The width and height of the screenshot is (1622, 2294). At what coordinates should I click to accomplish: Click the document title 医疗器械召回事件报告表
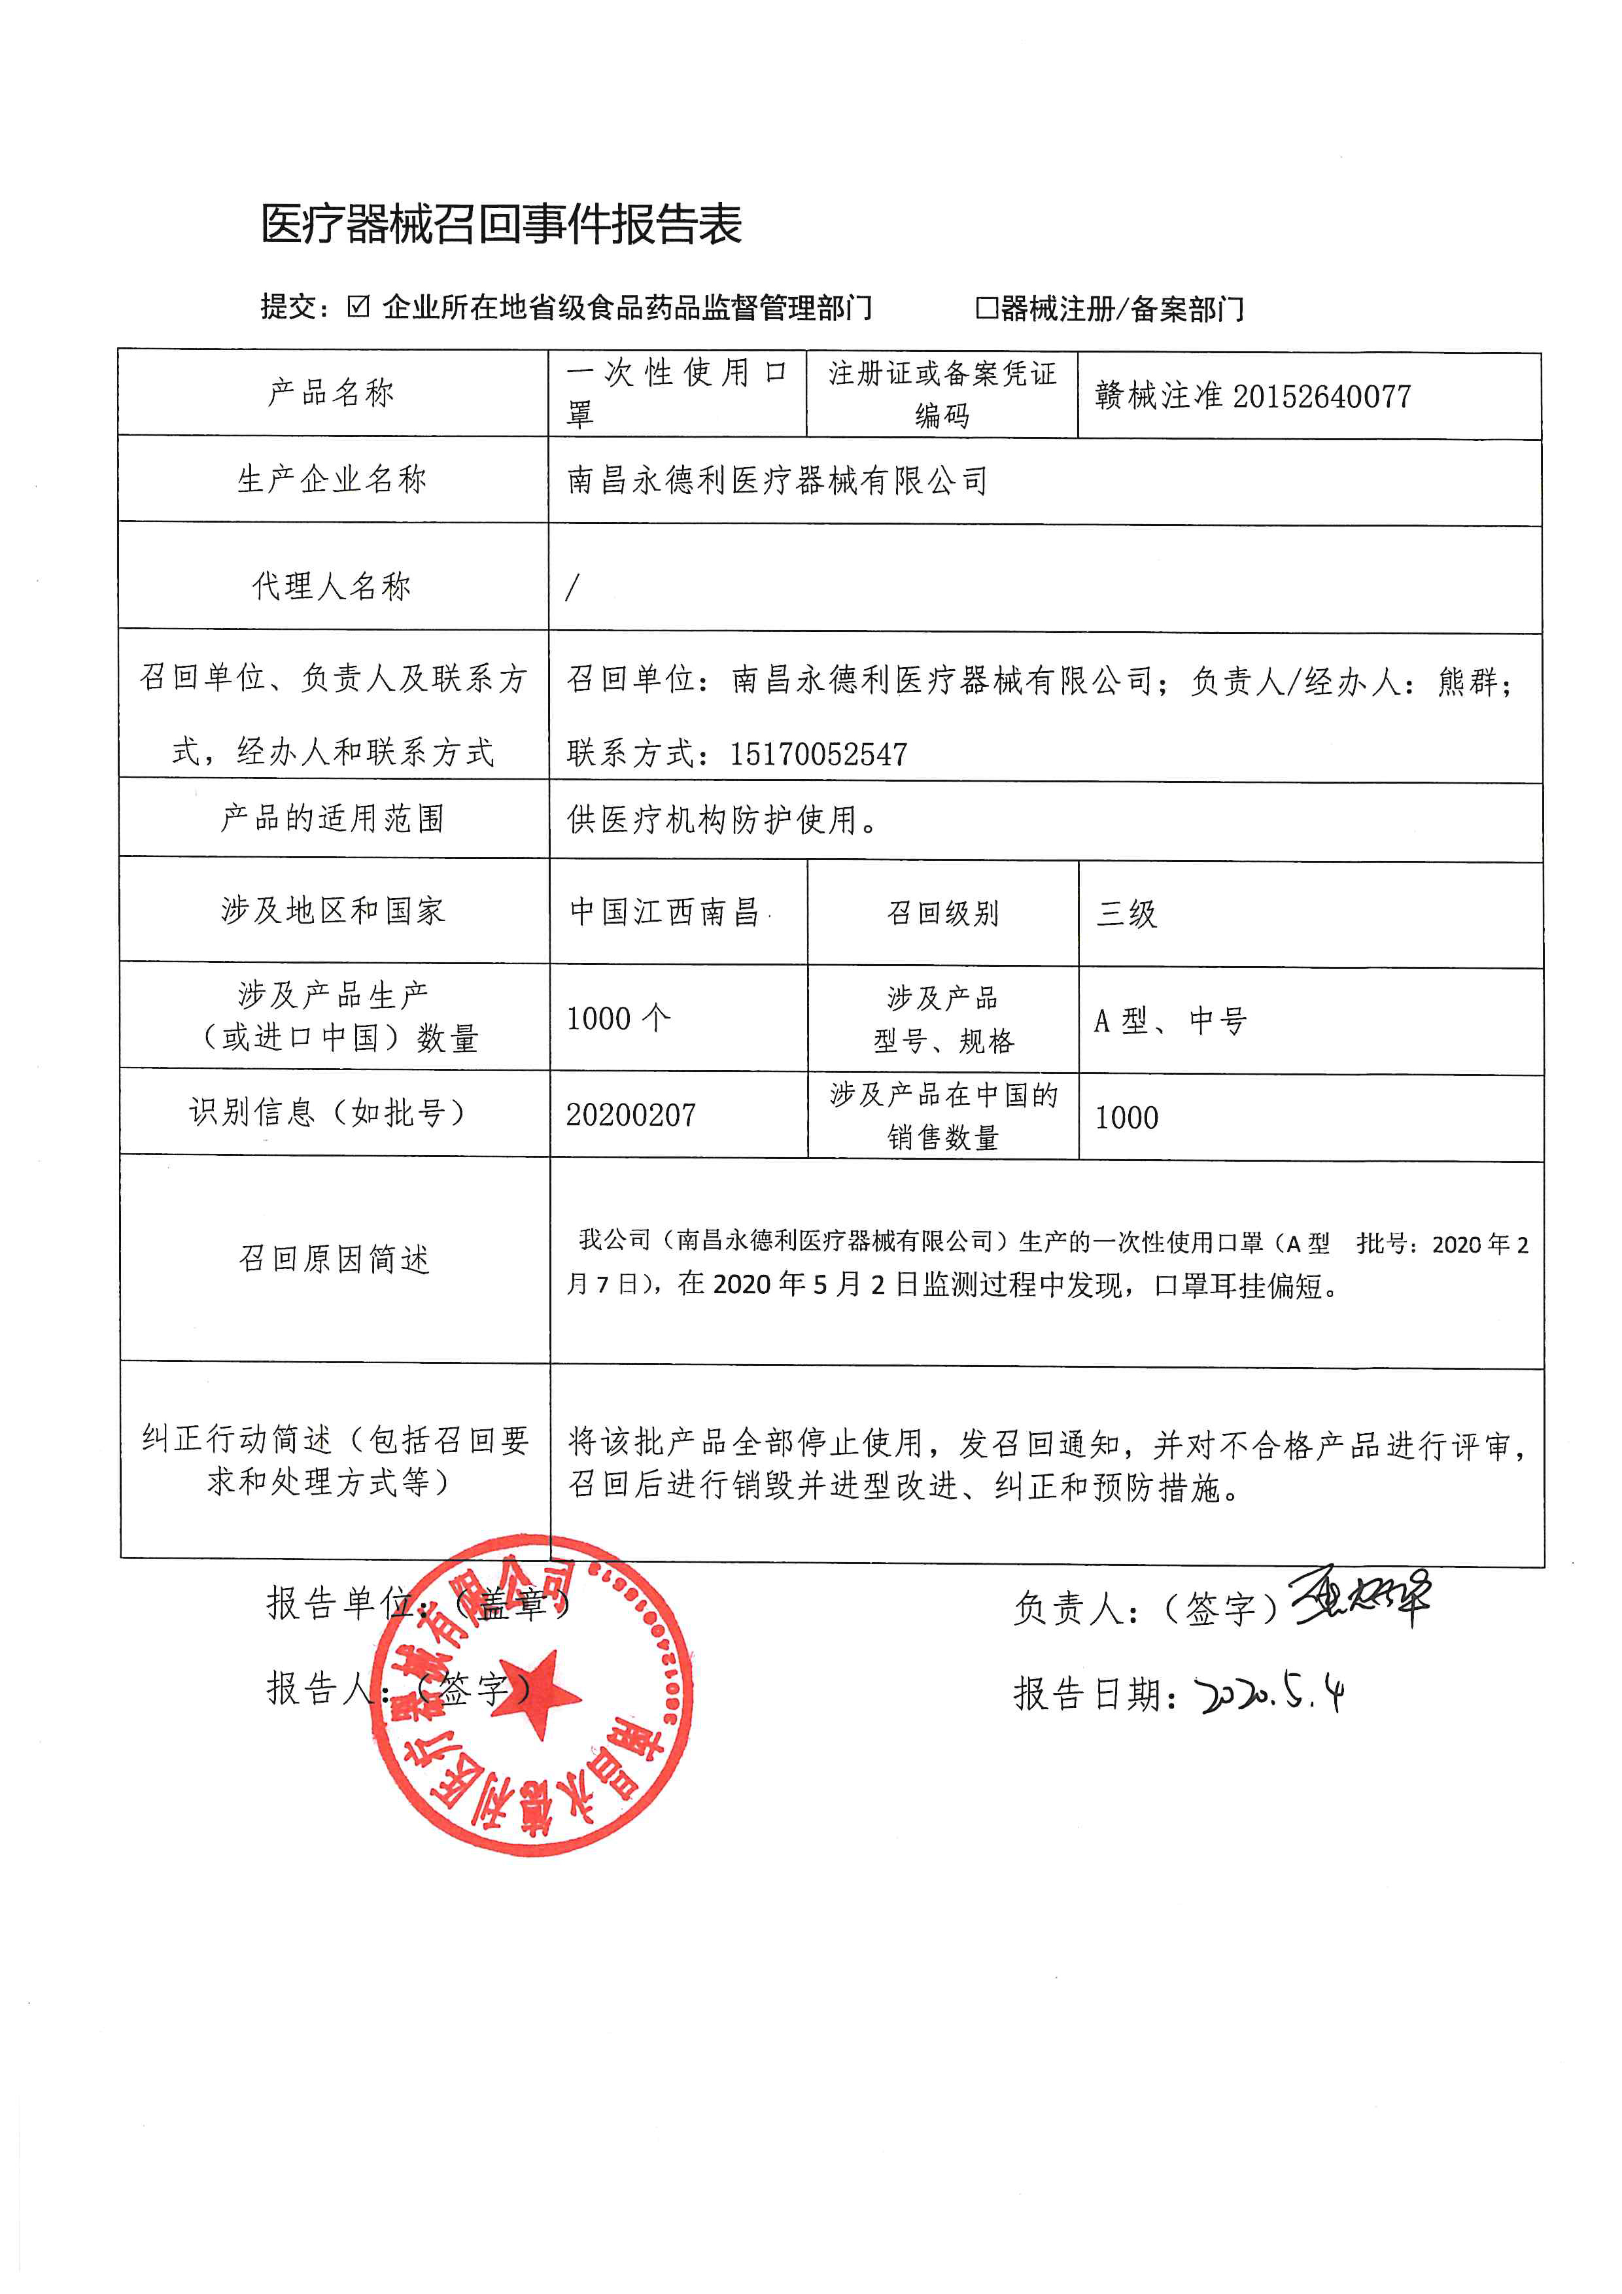502,224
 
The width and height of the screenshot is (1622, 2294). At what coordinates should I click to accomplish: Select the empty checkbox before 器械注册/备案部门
986,307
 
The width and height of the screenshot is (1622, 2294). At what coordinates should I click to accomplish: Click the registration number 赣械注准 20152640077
1252,396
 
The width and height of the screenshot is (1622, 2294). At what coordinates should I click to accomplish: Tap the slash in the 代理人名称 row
572,587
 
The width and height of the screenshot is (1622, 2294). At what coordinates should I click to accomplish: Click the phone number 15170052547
818,754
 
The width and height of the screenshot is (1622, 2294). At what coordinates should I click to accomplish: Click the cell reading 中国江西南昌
665,911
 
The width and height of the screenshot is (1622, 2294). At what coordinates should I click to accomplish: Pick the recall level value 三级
1127,913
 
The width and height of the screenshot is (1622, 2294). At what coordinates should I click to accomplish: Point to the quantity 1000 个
618,1019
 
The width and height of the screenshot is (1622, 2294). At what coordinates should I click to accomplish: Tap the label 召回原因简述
334,1259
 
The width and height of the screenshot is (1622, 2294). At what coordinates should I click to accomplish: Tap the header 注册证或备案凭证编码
942,394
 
